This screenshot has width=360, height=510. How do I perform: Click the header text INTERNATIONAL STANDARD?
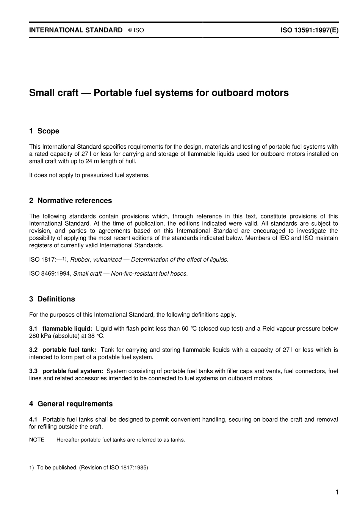click(x=76, y=30)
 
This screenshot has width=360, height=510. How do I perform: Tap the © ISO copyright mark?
click(x=136, y=30)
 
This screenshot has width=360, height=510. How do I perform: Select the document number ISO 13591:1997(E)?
click(x=309, y=30)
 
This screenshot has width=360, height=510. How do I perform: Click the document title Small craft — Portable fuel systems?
click(x=159, y=93)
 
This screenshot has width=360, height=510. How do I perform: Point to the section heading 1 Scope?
click(x=44, y=131)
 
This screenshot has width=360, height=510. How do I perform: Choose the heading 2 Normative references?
click(x=70, y=201)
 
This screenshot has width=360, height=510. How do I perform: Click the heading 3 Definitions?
click(x=52, y=299)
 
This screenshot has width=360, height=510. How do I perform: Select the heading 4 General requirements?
click(x=71, y=404)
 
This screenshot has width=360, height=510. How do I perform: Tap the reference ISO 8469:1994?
click(x=50, y=274)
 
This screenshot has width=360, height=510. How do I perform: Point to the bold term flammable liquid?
click(x=67, y=329)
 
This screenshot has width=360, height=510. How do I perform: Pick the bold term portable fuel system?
click(x=72, y=371)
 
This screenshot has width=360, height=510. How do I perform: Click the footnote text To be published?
click(x=57, y=468)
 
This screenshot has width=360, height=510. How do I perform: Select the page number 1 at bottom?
click(x=337, y=492)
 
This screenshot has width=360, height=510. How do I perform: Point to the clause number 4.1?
click(x=33, y=419)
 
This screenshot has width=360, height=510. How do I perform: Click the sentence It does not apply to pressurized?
click(x=89, y=175)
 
